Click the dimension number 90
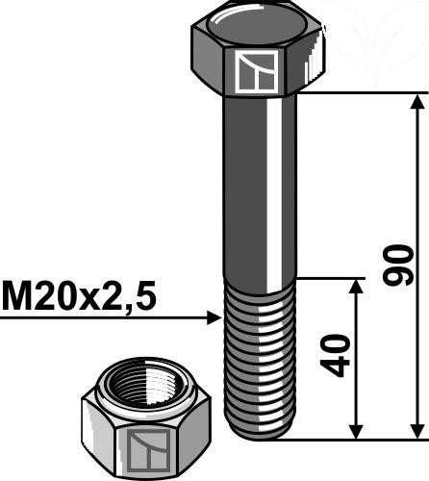[398, 264]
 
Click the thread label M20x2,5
[78, 296]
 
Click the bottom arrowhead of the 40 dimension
[357, 428]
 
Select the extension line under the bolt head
[356, 93]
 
